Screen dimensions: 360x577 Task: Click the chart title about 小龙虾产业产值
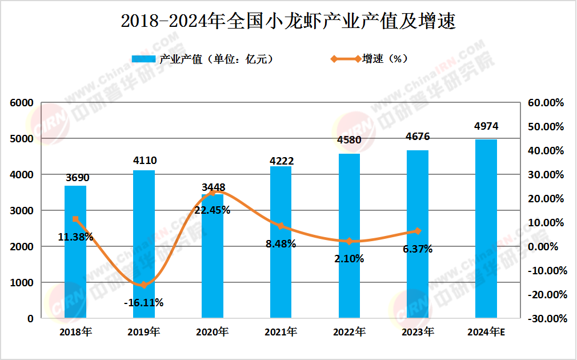click(x=288, y=21)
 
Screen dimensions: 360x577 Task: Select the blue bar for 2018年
click(x=75, y=251)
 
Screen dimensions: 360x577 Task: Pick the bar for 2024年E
click(x=486, y=229)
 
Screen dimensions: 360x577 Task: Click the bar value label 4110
click(x=144, y=161)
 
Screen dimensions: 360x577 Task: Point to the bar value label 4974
click(x=486, y=126)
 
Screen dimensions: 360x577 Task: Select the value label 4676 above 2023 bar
click(x=418, y=137)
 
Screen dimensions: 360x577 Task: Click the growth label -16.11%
click(x=143, y=302)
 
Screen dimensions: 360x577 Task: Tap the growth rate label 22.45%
click(x=212, y=210)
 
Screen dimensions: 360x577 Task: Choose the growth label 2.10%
click(x=349, y=258)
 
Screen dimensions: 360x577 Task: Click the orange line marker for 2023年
click(x=418, y=231)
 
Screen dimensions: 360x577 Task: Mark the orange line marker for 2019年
click(x=144, y=285)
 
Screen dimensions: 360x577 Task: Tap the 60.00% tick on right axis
click(x=545, y=103)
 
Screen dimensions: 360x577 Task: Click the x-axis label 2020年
click(x=212, y=331)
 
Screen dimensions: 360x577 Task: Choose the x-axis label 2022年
click(x=349, y=331)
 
